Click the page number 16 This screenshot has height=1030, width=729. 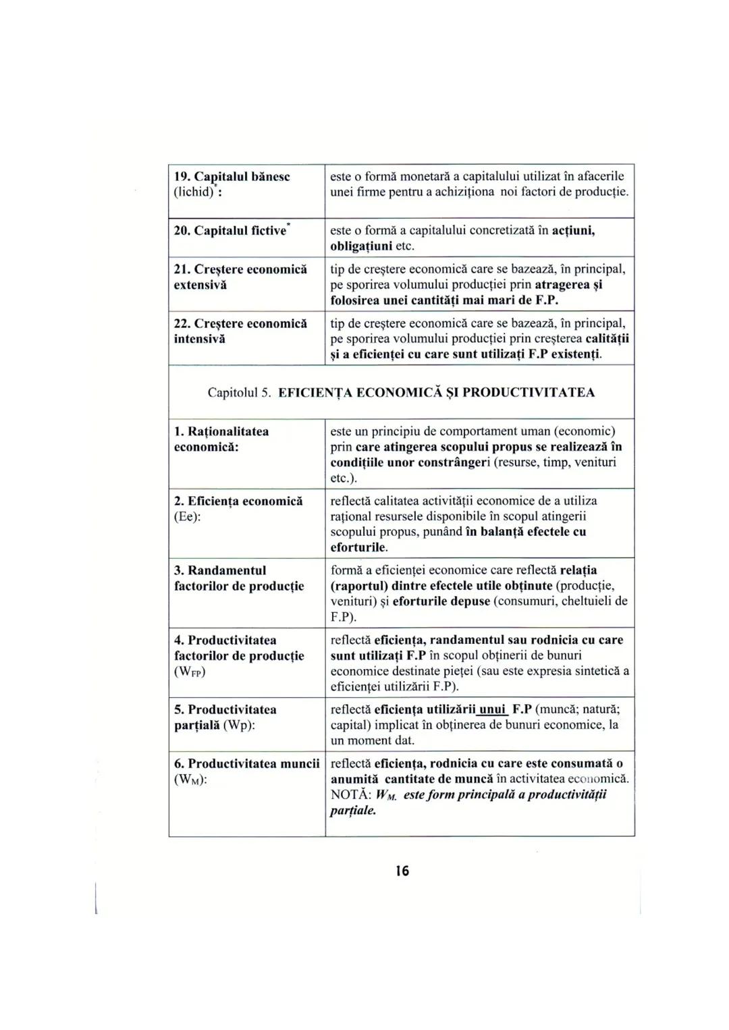coord(402,871)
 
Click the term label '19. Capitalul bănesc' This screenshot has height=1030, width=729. coord(232,176)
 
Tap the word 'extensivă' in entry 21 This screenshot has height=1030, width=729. coord(200,285)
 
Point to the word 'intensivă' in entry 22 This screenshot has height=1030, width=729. coord(200,339)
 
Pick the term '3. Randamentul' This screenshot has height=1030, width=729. coord(220,570)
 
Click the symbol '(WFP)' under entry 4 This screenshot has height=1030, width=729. coord(190,672)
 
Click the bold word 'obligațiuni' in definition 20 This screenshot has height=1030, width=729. coord(361,246)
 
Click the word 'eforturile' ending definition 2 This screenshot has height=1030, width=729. coord(358,547)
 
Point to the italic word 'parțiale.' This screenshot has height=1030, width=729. coord(353,810)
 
